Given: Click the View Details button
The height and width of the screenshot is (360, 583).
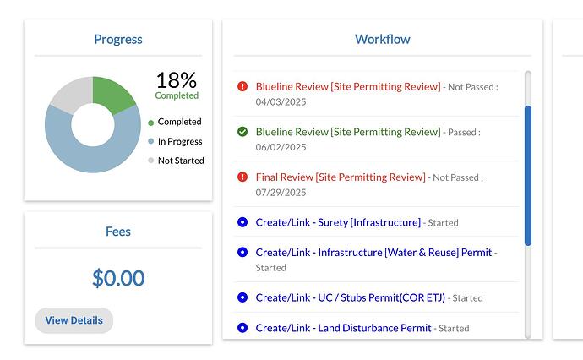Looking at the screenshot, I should click(x=74, y=320).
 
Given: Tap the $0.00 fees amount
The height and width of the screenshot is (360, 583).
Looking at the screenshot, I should click(x=118, y=277).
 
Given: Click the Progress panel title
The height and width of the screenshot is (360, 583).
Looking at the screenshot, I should click(x=118, y=39).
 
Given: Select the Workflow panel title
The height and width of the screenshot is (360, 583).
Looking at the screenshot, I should click(x=382, y=39).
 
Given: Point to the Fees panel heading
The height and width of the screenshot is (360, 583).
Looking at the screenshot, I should click(x=118, y=231).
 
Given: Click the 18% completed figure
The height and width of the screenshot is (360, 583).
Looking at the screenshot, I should click(x=176, y=81).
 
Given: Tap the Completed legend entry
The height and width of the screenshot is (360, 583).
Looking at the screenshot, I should click(x=179, y=122).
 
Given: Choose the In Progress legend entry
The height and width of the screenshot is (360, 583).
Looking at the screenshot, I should click(x=179, y=141).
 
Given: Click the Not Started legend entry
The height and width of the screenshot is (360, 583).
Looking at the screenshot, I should click(x=180, y=161).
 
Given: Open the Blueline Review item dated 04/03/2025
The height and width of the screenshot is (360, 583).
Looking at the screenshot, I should click(x=347, y=86).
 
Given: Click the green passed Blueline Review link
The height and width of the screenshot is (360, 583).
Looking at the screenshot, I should click(x=347, y=132).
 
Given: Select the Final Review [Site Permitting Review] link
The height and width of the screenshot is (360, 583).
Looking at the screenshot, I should click(x=340, y=177).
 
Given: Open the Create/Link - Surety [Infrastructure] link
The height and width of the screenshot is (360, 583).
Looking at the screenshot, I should click(x=337, y=222).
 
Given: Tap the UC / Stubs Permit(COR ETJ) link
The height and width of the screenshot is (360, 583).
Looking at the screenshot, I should click(x=349, y=297).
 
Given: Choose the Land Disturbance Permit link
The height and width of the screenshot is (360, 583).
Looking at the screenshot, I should click(x=343, y=328).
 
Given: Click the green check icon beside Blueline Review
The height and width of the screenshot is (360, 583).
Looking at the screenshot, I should click(x=242, y=132).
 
